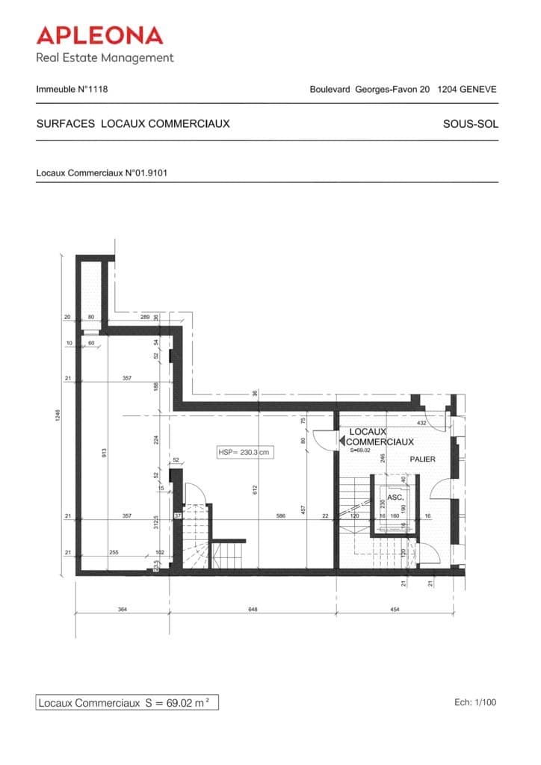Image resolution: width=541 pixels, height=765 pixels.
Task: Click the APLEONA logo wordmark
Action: tap(99, 35)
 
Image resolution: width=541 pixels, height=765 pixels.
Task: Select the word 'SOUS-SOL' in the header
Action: tap(470, 124)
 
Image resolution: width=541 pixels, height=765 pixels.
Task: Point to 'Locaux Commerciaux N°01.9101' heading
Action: tap(101, 173)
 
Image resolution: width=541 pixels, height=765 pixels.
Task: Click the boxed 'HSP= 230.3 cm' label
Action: tap(243, 452)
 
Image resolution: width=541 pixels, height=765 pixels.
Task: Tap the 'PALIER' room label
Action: tap(422, 459)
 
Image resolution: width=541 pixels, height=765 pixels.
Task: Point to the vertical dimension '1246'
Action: tap(58, 415)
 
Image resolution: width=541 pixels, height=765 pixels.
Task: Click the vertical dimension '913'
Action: tap(104, 452)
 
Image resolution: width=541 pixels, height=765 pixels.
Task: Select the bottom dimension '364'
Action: tap(123, 610)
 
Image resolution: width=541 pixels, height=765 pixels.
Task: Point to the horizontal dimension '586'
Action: tap(280, 515)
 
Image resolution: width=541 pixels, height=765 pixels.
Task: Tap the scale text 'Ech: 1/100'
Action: tap(474, 702)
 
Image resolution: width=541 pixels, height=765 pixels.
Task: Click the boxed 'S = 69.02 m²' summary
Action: tap(128, 703)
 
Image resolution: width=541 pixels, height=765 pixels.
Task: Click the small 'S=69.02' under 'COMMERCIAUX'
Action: tap(360, 450)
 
